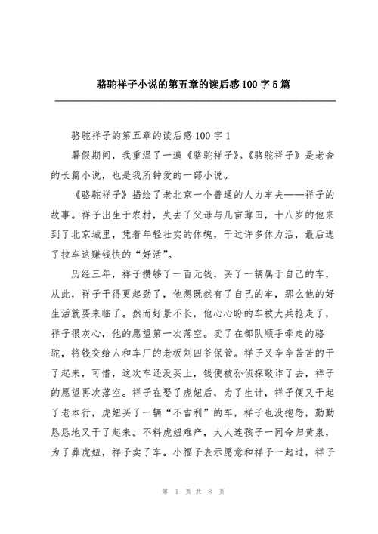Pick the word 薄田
250,214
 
